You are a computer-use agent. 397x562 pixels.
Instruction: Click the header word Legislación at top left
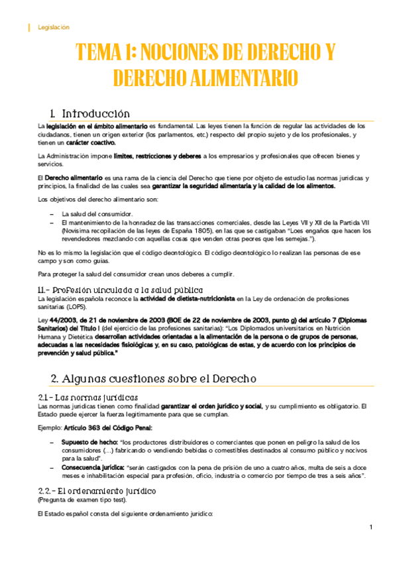tap(54, 27)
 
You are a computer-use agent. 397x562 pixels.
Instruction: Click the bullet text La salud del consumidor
tap(97, 214)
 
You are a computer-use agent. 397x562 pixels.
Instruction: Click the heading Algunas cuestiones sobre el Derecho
tap(153, 379)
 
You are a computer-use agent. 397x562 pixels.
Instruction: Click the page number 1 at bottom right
tap(372, 528)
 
